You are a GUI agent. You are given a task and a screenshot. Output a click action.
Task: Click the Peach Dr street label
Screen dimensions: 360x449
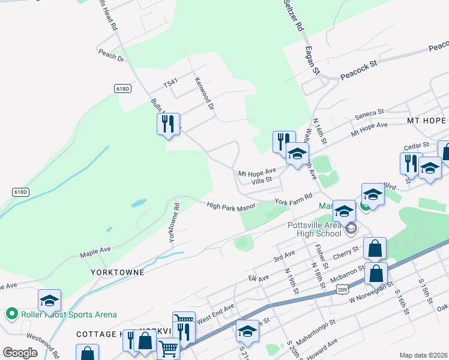(x=112, y=55)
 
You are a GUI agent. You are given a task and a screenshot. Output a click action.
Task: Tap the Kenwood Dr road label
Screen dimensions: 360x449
(x=204, y=94)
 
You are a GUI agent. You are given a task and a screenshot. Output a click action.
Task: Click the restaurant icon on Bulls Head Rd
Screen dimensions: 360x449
(x=168, y=124)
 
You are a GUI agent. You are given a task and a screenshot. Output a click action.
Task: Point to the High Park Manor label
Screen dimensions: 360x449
(x=231, y=206)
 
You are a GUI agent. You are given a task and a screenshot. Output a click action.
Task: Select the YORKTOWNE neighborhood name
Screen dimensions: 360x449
(x=118, y=272)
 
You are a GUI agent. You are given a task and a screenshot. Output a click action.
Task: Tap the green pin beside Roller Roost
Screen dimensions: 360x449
(x=11, y=314)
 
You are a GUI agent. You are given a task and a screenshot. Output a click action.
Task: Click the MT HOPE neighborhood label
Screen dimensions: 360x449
(x=427, y=121)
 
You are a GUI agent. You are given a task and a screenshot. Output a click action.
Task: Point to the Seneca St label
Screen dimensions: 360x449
(x=369, y=113)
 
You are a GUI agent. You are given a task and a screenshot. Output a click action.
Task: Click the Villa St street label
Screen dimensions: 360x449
(x=262, y=179)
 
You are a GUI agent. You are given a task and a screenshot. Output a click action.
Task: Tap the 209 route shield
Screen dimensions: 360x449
(x=343, y=290)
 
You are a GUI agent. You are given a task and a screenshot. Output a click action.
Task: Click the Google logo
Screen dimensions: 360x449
(x=20, y=353)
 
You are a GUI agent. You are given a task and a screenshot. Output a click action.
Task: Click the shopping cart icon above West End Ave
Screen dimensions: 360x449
(x=184, y=319)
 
